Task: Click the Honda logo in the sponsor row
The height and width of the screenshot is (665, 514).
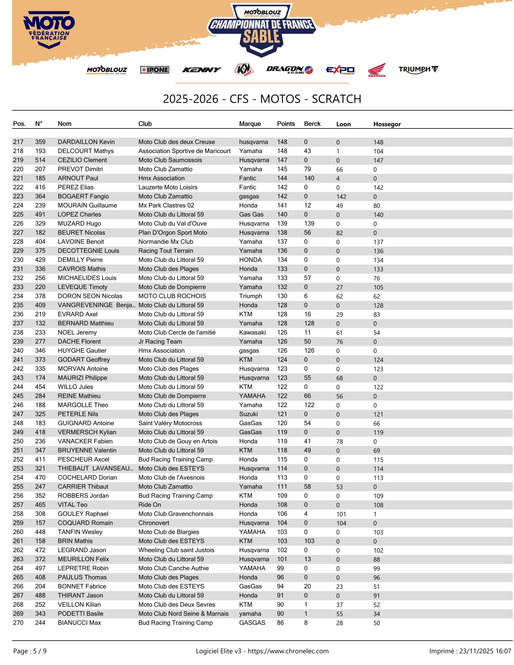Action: (x=377, y=70)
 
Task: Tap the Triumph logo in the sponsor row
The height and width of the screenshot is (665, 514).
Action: (x=418, y=70)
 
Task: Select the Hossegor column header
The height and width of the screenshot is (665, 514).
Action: (x=387, y=124)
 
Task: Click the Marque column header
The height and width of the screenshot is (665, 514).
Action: (x=250, y=124)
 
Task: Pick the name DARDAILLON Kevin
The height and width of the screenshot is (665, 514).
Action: (x=86, y=142)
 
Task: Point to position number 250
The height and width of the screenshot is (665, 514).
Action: (x=18, y=441)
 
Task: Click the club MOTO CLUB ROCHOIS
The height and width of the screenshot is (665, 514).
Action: (x=172, y=296)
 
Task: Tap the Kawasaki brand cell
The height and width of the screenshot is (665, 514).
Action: (x=252, y=332)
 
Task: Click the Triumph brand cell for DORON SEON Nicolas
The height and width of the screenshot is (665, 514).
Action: (x=250, y=296)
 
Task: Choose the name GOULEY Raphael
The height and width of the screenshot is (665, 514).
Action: (x=83, y=514)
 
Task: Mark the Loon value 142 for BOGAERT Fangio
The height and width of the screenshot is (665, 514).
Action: (x=341, y=197)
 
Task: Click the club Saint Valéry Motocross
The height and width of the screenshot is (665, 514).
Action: (x=170, y=423)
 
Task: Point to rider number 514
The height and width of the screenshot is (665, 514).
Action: (x=40, y=160)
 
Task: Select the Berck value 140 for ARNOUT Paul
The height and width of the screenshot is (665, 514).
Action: (x=309, y=178)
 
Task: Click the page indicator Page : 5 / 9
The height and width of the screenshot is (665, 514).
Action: (x=30, y=651)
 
